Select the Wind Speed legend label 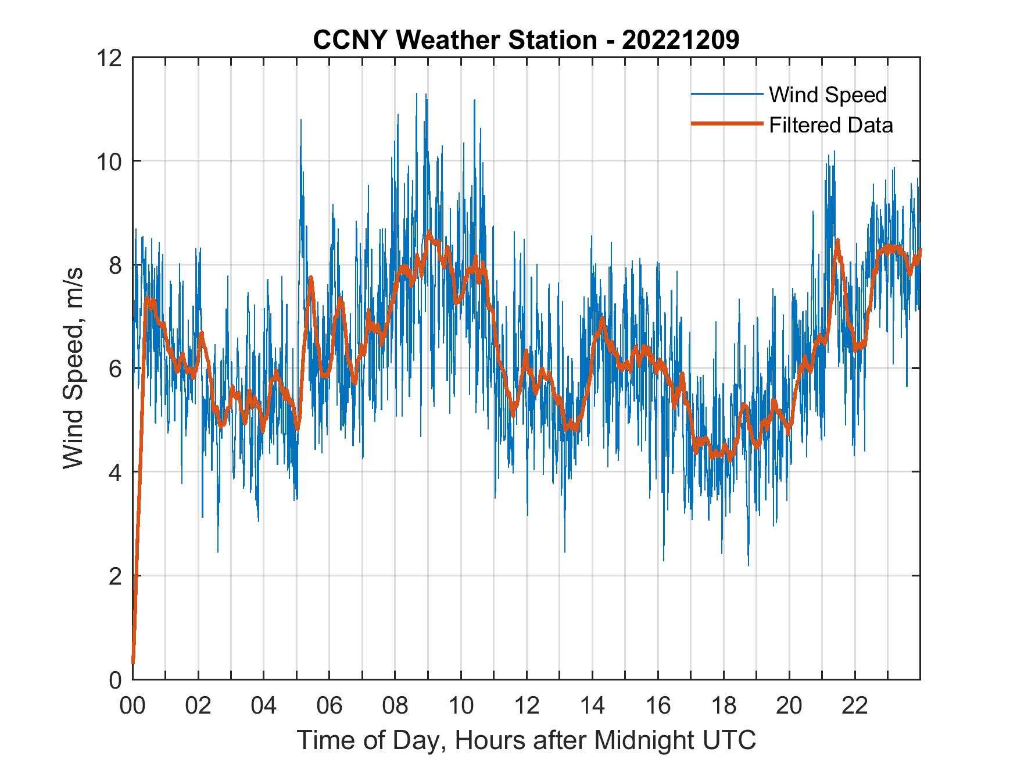point(828,95)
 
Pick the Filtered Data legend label point(830,125)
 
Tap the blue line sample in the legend point(726,94)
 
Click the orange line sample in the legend point(726,124)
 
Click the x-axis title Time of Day point(527,740)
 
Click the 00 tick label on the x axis point(133,706)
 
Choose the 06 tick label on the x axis point(330,706)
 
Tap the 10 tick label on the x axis point(461,706)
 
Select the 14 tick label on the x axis point(592,706)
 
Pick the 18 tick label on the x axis point(724,706)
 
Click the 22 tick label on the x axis point(855,706)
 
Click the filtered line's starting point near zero point(133,662)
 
